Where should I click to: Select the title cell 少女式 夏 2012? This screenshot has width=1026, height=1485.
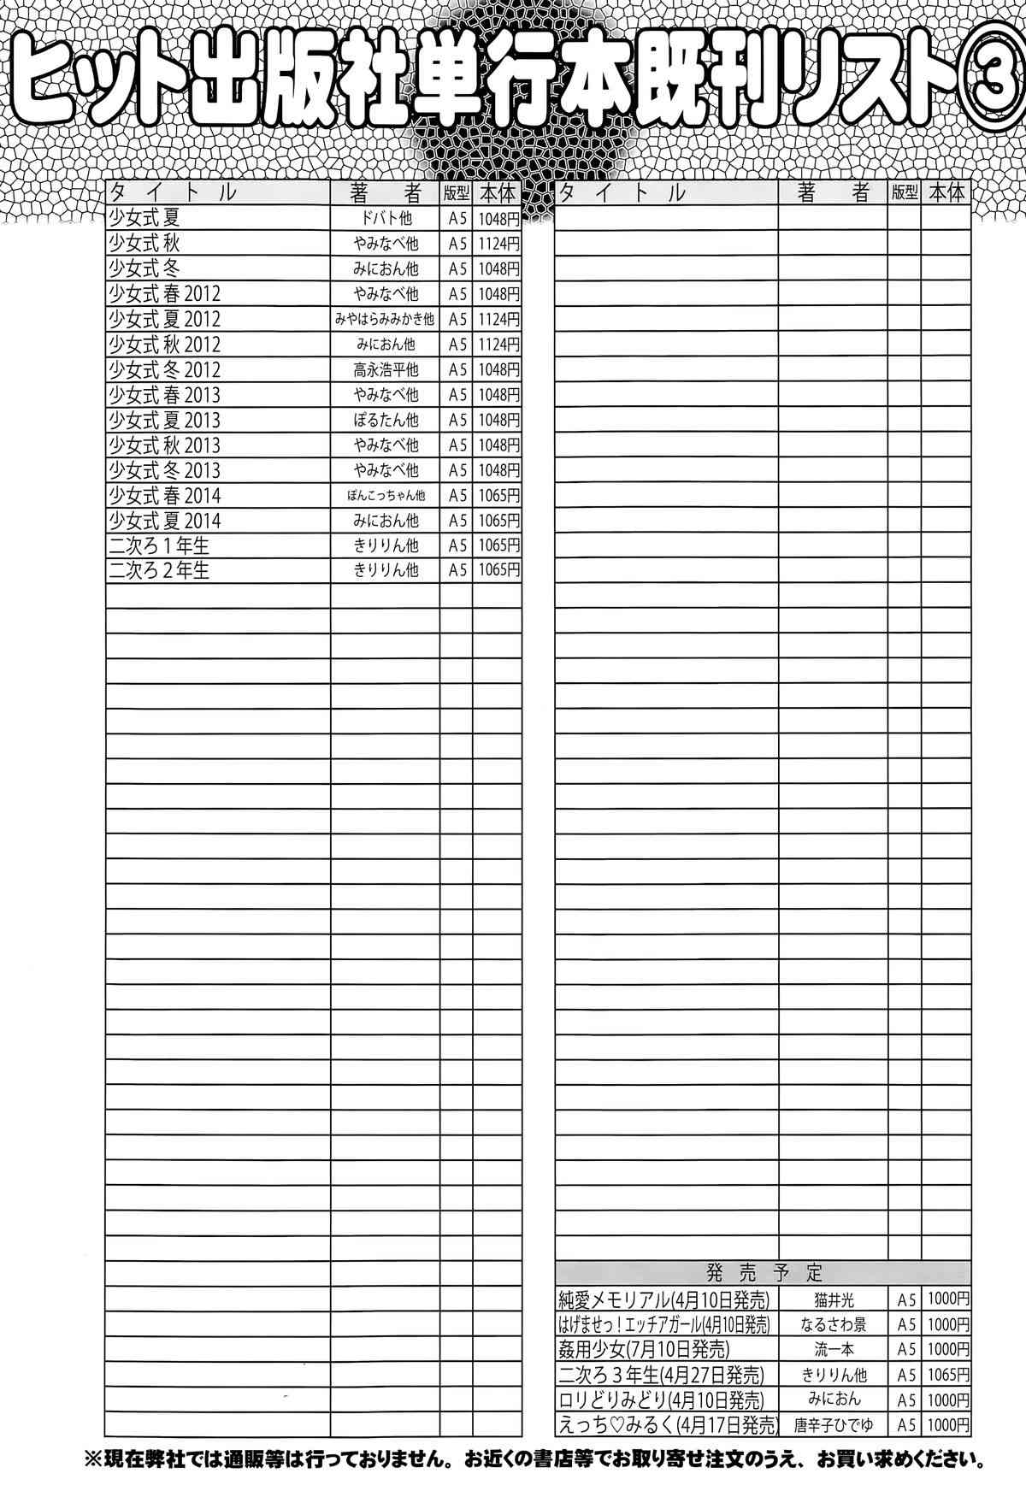(164, 319)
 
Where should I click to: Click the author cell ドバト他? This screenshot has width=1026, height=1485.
(386, 218)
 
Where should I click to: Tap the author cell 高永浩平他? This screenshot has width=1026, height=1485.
(386, 369)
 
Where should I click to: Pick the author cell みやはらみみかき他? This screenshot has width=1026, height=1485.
(386, 319)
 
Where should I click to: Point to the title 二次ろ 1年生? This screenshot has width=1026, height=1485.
(159, 545)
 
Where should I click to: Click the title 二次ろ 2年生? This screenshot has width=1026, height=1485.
(159, 570)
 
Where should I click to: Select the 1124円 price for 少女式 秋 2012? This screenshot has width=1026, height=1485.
(498, 345)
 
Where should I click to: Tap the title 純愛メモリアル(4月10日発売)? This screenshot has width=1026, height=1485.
(663, 1300)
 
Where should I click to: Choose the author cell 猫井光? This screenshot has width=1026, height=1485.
(834, 1300)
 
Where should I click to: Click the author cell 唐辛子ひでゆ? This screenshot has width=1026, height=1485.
(834, 1425)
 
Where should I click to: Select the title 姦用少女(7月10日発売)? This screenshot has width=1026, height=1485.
(643, 1350)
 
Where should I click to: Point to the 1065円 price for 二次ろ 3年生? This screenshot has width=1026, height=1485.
(947, 1375)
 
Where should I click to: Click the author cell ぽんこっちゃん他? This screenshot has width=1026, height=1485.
(386, 495)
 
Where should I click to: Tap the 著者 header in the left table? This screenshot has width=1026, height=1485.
(386, 192)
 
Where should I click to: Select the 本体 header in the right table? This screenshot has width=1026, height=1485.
(946, 192)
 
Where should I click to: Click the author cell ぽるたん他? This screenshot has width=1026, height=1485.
(386, 420)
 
